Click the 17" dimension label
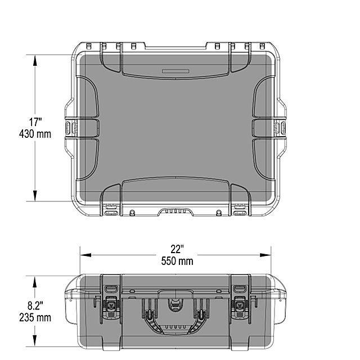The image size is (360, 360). (36, 122)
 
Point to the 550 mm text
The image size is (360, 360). (177, 261)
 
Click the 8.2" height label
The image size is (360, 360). (36, 305)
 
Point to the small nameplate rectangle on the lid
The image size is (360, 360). (177, 71)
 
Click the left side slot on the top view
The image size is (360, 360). (70, 128)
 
